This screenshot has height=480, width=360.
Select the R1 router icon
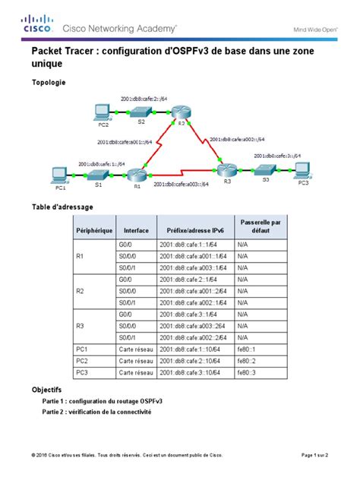point(137,173)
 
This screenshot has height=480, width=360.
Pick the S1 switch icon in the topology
point(98,172)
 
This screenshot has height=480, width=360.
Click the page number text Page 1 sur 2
point(314,455)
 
